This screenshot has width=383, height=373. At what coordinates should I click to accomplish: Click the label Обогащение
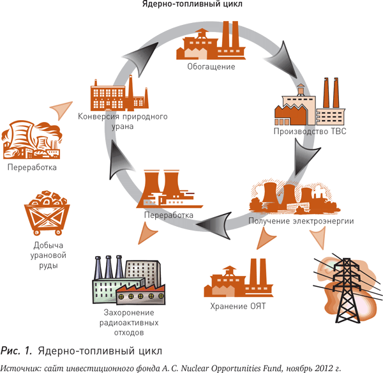(211, 66)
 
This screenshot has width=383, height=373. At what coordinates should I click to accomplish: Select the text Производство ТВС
(310, 132)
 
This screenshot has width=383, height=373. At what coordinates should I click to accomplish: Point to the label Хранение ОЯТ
(238, 307)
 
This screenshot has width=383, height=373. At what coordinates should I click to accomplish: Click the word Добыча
(49, 245)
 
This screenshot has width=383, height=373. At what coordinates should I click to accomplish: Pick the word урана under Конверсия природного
(123, 126)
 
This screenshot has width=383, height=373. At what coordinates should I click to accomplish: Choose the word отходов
(129, 333)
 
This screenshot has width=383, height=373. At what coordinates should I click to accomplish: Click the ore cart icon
(47, 213)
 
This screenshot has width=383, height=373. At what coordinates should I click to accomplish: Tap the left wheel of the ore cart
(36, 232)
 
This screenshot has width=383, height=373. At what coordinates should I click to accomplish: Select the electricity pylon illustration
(348, 289)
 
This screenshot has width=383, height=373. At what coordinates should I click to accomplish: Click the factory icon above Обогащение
(211, 40)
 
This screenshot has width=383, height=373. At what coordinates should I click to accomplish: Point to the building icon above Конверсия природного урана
(119, 93)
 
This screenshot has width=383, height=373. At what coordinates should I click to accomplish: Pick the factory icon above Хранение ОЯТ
(239, 278)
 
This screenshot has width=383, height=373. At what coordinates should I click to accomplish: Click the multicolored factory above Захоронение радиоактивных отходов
(128, 280)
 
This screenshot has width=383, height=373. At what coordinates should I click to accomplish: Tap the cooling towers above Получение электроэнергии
(294, 197)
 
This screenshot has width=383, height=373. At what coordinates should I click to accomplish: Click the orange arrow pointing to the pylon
(319, 238)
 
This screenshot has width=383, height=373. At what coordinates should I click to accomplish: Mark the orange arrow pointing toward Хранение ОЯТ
(266, 238)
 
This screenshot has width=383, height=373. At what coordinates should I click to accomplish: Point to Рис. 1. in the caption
(17, 351)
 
